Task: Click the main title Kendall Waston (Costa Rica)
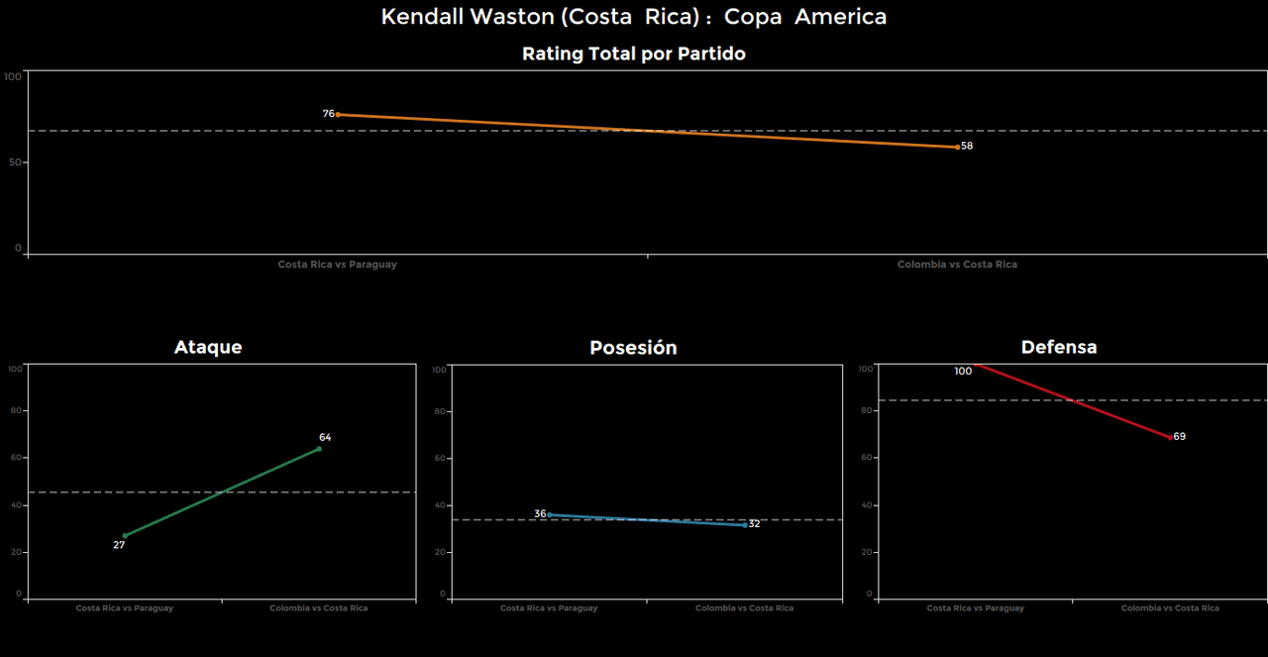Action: point(634,17)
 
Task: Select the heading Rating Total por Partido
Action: point(634,55)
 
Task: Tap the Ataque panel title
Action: point(208,347)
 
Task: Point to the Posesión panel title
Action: point(633,348)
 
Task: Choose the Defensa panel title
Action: point(1059,347)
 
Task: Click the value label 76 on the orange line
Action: point(329,114)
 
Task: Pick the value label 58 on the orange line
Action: point(967,147)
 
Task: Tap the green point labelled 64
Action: point(319,449)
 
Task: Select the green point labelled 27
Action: point(125,536)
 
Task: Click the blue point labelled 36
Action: point(550,514)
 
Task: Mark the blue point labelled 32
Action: point(745,525)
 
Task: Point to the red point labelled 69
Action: point(1171,437)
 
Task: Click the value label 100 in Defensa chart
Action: point(963,372)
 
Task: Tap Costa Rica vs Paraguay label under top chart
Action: point(337,265)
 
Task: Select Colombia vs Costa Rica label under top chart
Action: point(957,265)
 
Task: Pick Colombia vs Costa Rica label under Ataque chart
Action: point(319,608)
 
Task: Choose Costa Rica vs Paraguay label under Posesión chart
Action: point(549,608)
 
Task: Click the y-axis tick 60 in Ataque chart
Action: point(15,458)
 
